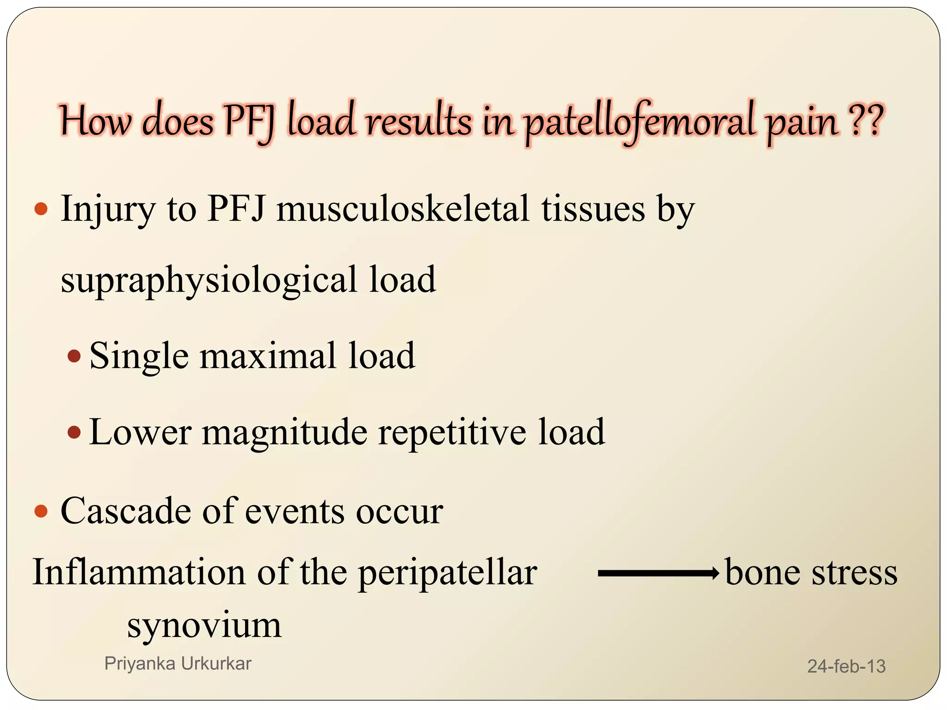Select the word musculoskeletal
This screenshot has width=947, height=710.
402,209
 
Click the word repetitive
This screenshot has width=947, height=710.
452,432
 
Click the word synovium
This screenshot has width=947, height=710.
204,625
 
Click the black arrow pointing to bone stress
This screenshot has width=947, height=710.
658,574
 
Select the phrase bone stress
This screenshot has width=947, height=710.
811,572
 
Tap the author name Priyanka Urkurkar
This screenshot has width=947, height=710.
178,664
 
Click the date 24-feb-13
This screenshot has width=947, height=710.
846,666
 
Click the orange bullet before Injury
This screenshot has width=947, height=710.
41,209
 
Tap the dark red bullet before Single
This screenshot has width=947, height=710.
74,356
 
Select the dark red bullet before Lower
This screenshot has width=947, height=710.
74,433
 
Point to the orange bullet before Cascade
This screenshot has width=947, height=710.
41,511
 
